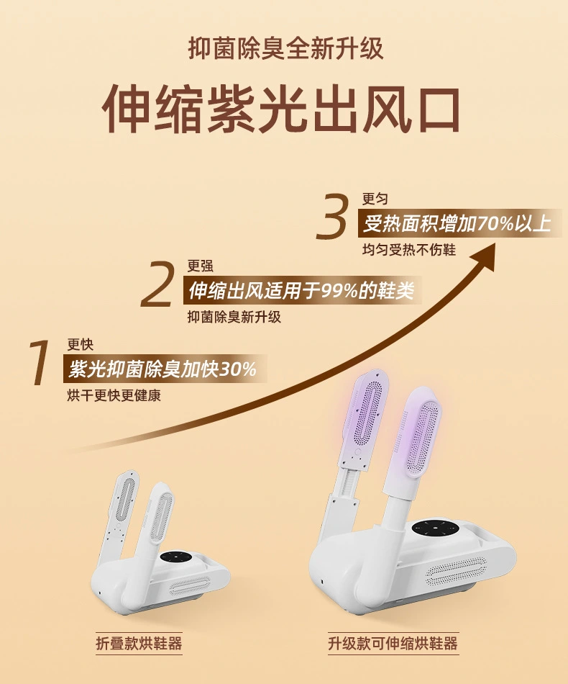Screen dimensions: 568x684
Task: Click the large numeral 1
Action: tap(39, 363)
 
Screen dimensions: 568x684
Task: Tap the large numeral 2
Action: tap(157, 284)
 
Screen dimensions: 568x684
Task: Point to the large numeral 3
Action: tap(332, 217)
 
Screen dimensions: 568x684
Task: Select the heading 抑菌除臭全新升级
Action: tap(285, 48)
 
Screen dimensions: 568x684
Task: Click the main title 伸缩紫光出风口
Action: tap(281, 108)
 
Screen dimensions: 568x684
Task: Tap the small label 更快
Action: tap(80, 345)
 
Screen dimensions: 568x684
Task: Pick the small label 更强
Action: tap(201, 266)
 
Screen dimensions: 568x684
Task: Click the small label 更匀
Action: tap(375, 199)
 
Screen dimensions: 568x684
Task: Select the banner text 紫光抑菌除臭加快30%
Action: tap(162, 369)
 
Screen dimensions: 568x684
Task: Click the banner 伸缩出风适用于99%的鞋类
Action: tap(301, 290)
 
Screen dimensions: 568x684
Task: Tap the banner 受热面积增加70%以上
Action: tap(457, 223)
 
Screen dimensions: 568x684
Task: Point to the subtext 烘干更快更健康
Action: tap(114, 395)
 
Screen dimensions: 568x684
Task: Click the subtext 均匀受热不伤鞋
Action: tap(409, 250)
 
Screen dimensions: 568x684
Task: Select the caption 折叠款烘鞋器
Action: tap(139, 644)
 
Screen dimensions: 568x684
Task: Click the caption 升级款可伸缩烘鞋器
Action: tap(393, 644)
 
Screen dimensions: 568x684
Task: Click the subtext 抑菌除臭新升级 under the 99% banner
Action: tap(234, 316)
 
